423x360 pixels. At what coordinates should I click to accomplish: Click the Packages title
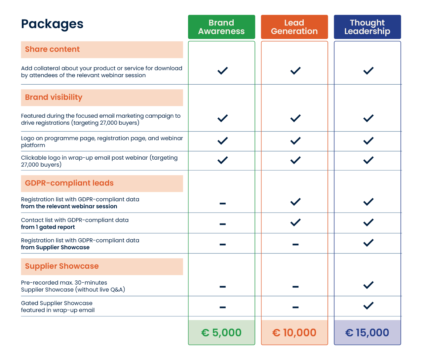(x=52, y=24)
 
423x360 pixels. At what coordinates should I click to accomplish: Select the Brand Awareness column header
(x=221, y=27)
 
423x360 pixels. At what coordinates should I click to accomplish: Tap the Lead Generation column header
(x=294, y=27)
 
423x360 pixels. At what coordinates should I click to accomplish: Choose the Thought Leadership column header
(x=367, y=27)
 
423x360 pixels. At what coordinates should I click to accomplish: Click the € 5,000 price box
(x=221, y=333)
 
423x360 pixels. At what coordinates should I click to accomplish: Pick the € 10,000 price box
(x=294, y=333)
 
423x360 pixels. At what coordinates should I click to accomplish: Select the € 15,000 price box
(x=367, y=333)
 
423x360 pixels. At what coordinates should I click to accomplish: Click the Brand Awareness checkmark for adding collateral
(x=222, y=71)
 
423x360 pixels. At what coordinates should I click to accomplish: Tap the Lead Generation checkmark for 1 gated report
(x=295, y=222)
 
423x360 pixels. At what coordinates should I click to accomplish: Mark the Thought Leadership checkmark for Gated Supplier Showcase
(x=368, y=305)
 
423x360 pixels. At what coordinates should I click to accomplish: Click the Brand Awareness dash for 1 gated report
(x=222, y=224)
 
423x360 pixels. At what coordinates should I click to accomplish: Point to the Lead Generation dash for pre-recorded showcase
(x=295, y=287)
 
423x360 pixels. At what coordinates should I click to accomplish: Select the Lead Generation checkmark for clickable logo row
(x=295, y=160)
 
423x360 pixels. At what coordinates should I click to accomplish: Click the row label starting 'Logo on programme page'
(x=102, y=141)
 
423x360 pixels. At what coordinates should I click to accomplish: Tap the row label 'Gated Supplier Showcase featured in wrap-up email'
(x=58, y=307)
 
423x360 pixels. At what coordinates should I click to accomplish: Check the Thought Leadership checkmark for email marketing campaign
(x=368, y=118)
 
